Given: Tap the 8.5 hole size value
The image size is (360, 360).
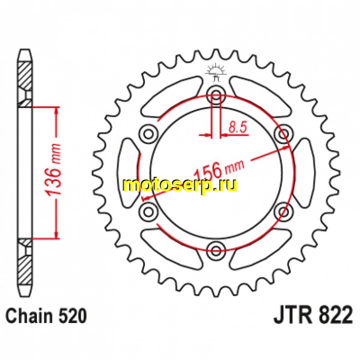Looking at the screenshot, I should click(238, 128).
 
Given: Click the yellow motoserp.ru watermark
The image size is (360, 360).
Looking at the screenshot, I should click(180, 185).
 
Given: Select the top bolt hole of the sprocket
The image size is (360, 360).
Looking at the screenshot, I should click(216, 95).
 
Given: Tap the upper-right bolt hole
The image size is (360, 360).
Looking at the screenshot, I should click(283, 133).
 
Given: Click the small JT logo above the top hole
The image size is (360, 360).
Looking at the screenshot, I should click(216, 72).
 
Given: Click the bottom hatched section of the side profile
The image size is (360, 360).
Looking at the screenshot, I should click(25, 265).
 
